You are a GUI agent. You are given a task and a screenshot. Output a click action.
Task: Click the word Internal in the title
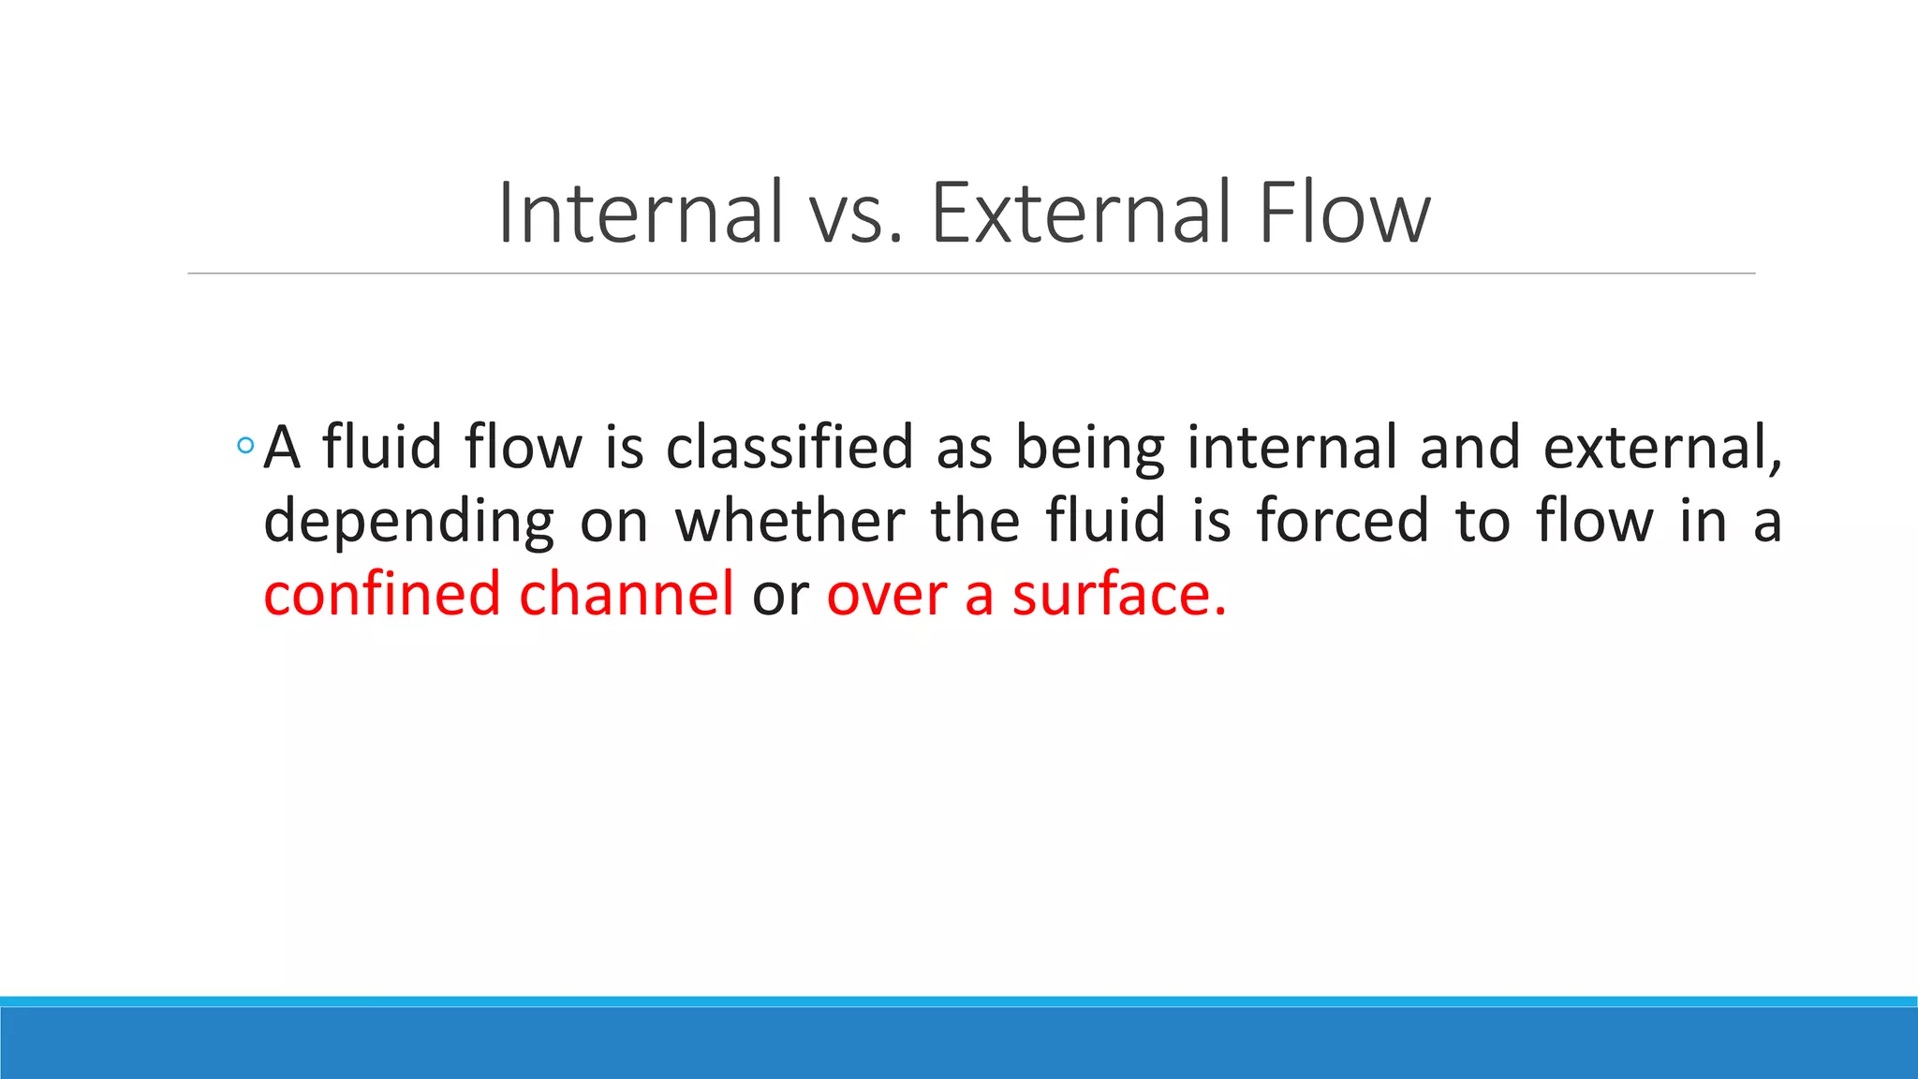[640, 214]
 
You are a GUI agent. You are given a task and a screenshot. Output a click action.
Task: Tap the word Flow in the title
[1344, 214]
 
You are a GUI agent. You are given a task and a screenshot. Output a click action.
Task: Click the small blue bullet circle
[245, 446]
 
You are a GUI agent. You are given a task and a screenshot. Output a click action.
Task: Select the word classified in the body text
[789, 447]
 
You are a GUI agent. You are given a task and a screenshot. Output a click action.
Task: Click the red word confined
[382, 595]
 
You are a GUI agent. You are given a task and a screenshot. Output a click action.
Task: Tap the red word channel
[626, 595]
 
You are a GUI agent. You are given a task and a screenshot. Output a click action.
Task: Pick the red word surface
[1118, 595]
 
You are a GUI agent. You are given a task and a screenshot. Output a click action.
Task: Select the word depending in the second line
[409, 522]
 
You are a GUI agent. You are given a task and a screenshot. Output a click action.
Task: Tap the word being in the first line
[1090, 449]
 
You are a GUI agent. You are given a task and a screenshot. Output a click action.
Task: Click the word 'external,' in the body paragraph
[1662, 447]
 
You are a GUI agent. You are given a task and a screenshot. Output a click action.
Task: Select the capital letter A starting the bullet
[282, 448]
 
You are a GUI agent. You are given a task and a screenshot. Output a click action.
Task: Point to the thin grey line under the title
[970, 273]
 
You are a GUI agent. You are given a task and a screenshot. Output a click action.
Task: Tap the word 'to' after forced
[1483, 522]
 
